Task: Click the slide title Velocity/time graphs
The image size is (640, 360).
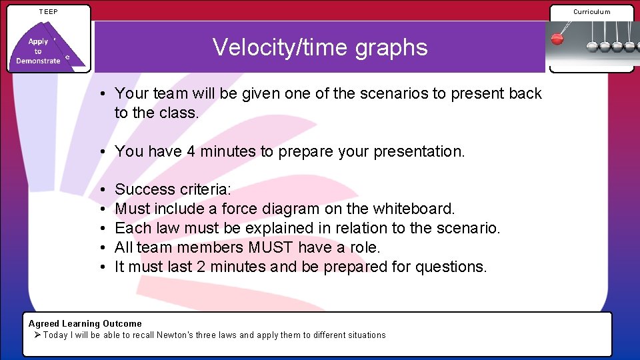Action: [320, 47]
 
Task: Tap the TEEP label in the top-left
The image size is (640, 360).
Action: [48, 11]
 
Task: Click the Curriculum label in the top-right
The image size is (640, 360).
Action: [591, 11]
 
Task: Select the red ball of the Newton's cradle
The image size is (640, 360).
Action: [557, 39]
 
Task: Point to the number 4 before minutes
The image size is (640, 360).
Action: [191, 152]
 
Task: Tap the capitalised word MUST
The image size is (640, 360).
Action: [271, 248]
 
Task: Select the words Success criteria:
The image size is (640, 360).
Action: [173, 190]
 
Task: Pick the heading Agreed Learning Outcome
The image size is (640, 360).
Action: [85, 323]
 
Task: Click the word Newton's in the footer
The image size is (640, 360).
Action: [174, 335]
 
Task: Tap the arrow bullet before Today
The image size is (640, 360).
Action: [37, 335]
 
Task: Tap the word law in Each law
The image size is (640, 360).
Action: [167, 229]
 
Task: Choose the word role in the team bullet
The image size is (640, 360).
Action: [363, 248]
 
